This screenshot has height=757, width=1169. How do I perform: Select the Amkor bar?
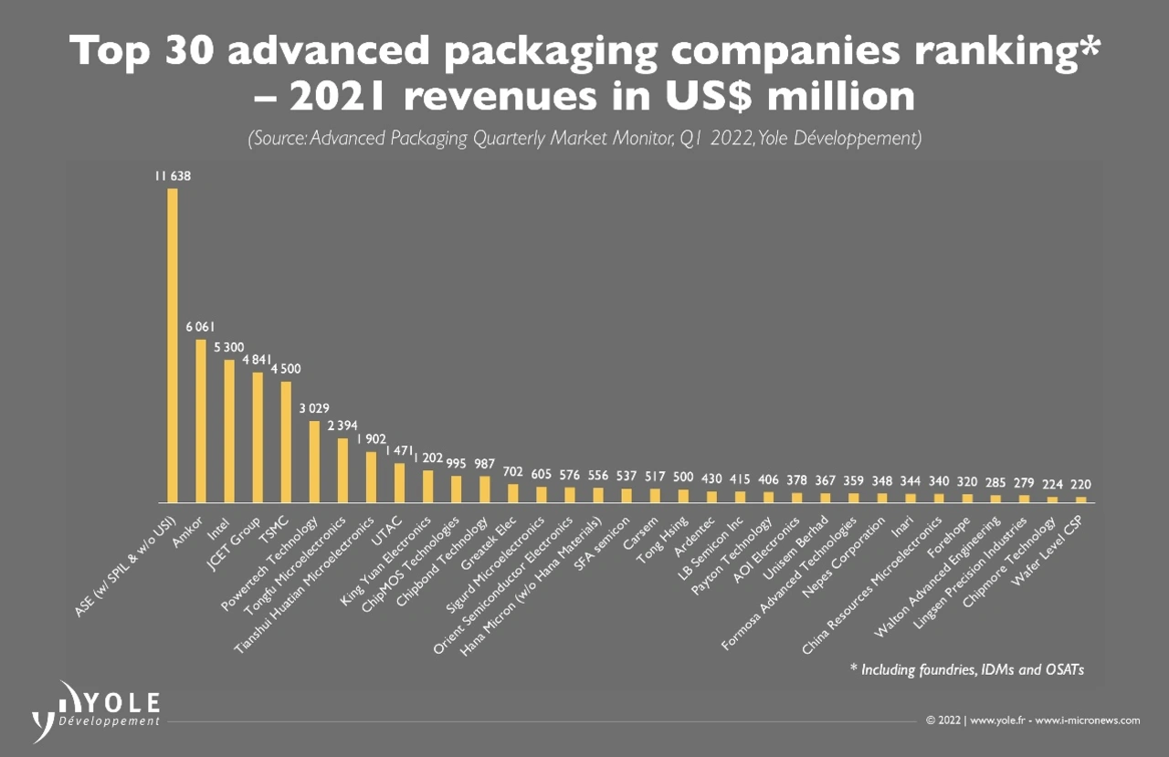(x=201, y=421)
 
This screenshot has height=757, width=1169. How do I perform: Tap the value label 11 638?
(x=172, y=175)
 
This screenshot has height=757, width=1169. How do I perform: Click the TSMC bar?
(x=286, y=442)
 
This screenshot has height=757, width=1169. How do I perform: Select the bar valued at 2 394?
(x=343, y=470)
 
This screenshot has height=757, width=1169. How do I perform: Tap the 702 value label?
(x=512, y=471)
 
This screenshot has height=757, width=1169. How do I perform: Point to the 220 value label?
(x=1081, y=484)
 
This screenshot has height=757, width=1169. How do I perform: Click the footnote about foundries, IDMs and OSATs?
(x=966, y=670)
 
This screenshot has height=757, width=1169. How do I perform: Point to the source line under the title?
(x=584, y=139)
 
